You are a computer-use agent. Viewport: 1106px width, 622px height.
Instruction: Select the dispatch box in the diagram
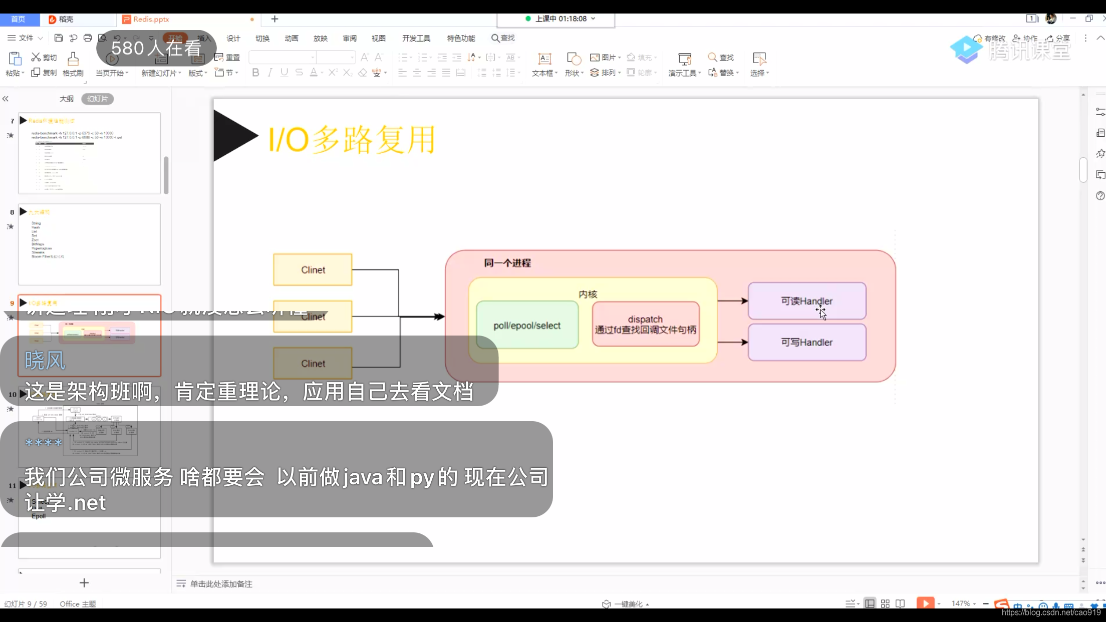[x=645, y=324]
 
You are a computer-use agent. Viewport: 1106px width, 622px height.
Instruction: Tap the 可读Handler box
[x=806, y=300]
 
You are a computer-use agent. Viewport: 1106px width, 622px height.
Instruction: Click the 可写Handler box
[x=806, y=342]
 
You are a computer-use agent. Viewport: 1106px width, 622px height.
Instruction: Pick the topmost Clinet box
[x=313, y=270]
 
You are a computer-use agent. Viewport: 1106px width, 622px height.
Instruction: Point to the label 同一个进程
[x=507, y=263]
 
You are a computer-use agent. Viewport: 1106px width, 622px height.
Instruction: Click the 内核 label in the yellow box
[x=588, y=294]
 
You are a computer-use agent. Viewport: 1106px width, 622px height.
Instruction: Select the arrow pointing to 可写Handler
[x=732, y=342]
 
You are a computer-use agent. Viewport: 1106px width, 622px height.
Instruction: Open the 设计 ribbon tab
[x=233, y=38]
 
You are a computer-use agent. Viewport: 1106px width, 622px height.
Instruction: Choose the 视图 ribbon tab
[x=378, y=38]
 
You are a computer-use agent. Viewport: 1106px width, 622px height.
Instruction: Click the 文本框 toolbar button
[x=544, y=65]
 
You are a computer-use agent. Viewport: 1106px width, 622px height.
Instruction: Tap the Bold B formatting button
[x=255, y=73]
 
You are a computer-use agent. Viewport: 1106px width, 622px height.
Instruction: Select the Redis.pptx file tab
[x=151, y=19]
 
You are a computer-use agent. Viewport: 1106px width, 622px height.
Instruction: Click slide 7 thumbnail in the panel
[x=89, y=153]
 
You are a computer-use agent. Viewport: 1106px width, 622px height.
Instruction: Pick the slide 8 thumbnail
[x=89, y=244]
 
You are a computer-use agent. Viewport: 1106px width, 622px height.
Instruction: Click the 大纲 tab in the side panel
[x=67, y=99]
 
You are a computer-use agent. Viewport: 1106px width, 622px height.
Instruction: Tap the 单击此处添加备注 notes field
[x=221, y=584]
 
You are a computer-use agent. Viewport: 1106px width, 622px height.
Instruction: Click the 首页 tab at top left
[x=18, y=19]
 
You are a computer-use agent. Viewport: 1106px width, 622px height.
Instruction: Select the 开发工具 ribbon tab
[x=416, y=38]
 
